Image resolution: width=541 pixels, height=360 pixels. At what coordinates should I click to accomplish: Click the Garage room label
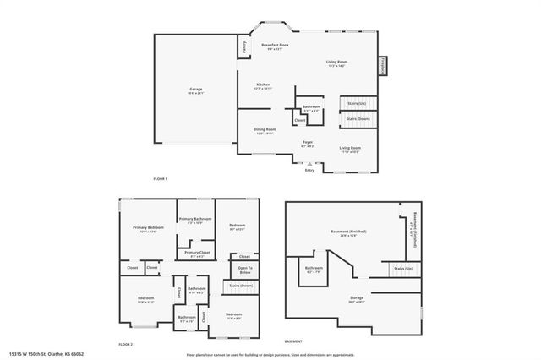point(195,89)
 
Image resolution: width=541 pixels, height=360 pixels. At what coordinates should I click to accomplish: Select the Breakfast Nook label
point(275,45)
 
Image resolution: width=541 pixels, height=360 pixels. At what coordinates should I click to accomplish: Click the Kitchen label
point(264,85)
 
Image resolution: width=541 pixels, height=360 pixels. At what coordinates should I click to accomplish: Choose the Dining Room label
point(265,129)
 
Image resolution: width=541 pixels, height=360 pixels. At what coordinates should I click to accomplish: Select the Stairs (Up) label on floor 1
point(356,103)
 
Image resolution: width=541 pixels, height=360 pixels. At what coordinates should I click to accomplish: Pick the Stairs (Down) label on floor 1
point(358,119)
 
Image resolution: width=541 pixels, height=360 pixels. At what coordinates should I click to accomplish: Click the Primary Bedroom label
point(148,227)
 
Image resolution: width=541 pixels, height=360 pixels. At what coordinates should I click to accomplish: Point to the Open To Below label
point(245,270)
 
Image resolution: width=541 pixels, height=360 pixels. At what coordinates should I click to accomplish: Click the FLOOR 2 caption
point(125,345)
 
